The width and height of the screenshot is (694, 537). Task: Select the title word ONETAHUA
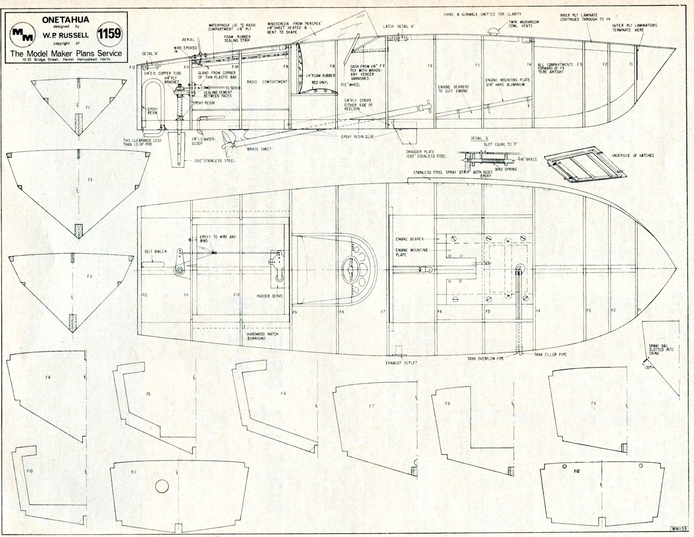65,20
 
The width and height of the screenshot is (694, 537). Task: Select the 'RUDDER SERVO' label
269,296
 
